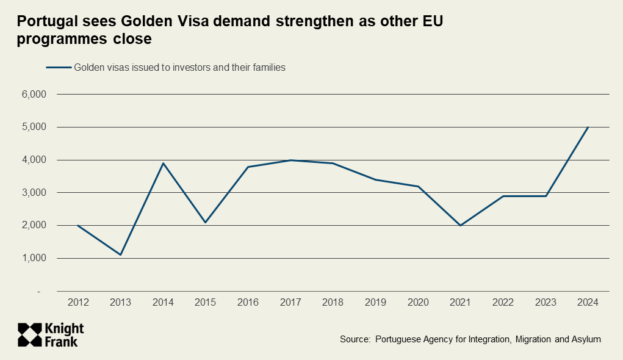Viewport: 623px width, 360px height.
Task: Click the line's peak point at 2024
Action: [588, 127]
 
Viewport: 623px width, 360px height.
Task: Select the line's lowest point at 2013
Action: [121, 254]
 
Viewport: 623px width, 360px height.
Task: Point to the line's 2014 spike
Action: [163, 163]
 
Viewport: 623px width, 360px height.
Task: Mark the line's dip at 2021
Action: [460, 225]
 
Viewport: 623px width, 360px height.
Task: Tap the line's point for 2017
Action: [290, 160]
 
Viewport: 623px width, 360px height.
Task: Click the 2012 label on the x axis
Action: [78, 302]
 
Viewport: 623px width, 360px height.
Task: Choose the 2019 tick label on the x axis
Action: [375, 302]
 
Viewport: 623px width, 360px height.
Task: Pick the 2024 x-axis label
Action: [588, 302]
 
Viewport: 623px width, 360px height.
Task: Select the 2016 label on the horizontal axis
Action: [248, 302]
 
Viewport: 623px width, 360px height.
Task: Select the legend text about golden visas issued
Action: [180, 68]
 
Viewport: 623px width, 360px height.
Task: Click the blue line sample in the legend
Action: [59, 68]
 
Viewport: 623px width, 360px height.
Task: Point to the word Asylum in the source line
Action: [584, 339]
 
